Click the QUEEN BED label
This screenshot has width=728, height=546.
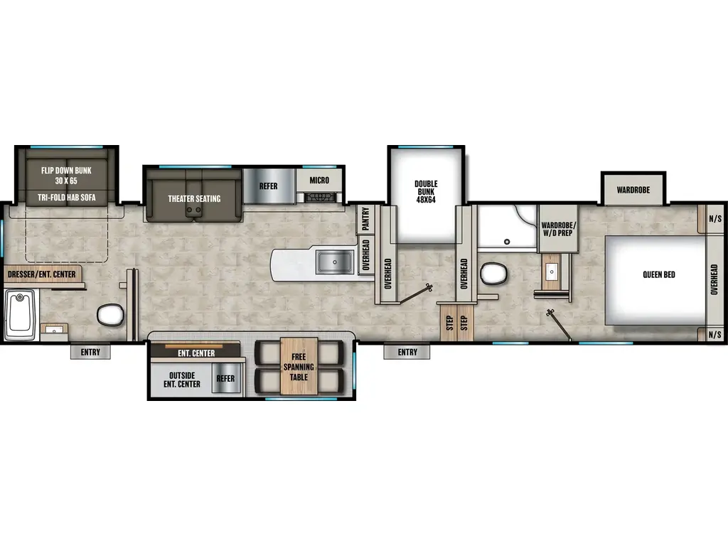click(658, 274)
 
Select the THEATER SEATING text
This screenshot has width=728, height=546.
click(194, 199)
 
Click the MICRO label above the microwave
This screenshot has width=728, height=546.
click(319, 180)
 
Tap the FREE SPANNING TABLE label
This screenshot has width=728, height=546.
click(299, 367)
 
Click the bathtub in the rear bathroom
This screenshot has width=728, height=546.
click(20, 314)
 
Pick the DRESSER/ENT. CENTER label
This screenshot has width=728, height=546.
click(41, 274)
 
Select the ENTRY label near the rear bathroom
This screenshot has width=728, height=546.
click(90, 352)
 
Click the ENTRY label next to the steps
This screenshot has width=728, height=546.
click(407, 352)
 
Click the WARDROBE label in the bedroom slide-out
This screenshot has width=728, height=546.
click(634, 191)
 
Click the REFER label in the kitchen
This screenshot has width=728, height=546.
click(268, 187)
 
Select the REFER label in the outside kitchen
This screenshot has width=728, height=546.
click(225, 379)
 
